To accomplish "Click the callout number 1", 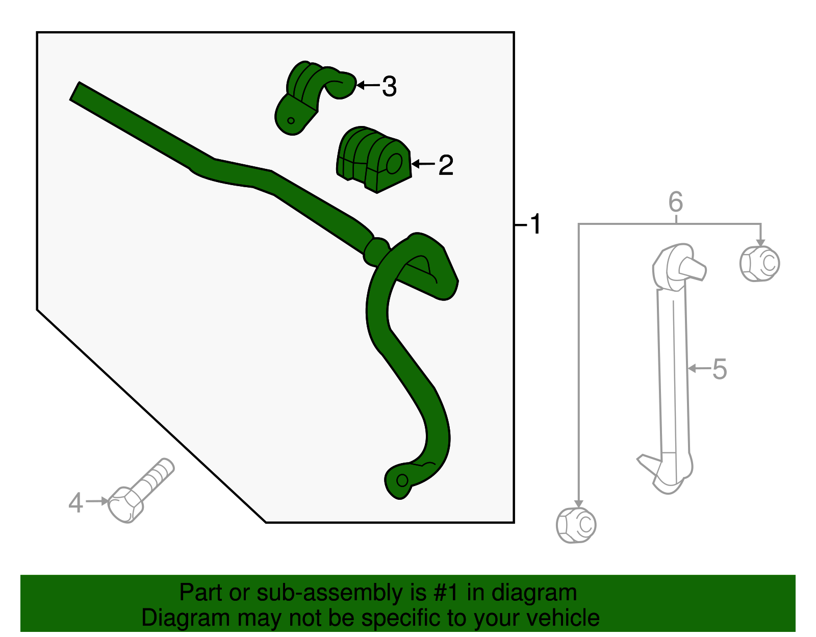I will (x=535, y=224).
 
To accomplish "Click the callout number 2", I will (x=445, y=165).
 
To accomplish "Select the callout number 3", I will (x=389, y=87).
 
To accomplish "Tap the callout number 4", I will (x=75, y=503).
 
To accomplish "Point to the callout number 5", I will (x=719, y=369).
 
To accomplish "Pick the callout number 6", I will (x=676, y=202).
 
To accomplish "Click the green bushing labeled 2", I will (x=374, y=159).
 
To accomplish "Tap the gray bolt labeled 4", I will (x=140, y=491).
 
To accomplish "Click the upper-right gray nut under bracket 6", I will (x=760, y=263).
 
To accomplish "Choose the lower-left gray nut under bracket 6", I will (x=576, y=525).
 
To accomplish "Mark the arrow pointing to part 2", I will (x=423, y=164).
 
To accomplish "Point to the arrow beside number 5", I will (x=699, y=368).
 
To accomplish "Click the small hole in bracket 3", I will (x=291, y=121).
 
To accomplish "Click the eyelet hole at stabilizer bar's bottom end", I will (x=402, y=480).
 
